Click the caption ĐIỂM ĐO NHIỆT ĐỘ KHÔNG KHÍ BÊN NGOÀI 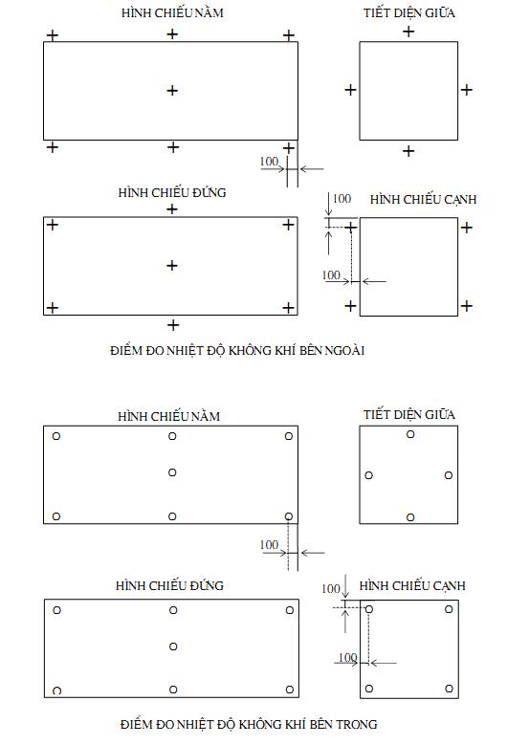pos(237,351)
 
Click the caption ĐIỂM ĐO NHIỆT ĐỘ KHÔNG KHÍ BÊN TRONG pos(249,724)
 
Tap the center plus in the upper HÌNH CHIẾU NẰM pos(172,90)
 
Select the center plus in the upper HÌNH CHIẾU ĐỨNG pos(172,265)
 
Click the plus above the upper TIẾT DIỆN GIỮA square pos(408,32)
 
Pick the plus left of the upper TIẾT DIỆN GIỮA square pos(350,89)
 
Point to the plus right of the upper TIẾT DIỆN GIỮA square pos(467,89)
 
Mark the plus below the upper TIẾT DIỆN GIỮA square pos(408,151)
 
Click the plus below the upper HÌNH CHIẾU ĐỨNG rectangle pos(173,325)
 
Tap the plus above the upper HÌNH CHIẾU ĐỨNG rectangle pos(172,209)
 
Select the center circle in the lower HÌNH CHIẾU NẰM pos(172,472)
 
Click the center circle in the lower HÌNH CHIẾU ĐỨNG pos(173,646)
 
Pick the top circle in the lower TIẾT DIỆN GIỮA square pos(410,434)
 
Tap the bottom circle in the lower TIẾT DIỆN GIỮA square pos(410,517)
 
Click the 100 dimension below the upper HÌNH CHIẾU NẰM pos(269,162)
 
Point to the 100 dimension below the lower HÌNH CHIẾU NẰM pos(269,544)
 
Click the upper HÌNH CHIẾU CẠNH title pos(424,200)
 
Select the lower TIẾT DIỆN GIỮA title pos(409,415)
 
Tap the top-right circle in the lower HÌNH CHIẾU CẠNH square pos(449,608)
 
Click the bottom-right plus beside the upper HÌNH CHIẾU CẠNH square pos(467,305)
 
